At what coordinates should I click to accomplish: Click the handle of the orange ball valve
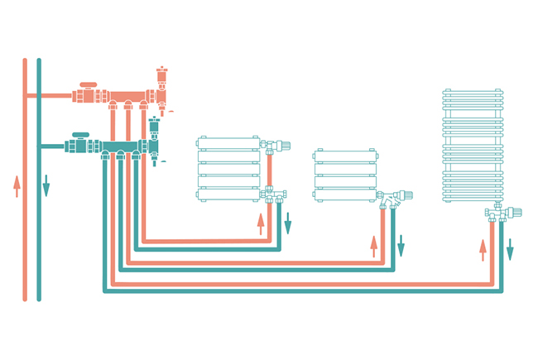[88, 84]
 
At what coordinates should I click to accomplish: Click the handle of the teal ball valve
[81, 134]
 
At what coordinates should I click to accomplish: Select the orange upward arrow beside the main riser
[17, 186]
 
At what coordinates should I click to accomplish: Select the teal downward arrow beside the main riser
[46, 185]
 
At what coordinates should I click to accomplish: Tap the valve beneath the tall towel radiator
[499, 214]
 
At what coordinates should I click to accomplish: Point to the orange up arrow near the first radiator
[261, 221]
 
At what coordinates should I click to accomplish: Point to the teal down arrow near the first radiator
[288, 222]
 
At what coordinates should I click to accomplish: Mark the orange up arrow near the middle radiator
[374, 246]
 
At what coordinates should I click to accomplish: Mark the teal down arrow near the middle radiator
[401, 246]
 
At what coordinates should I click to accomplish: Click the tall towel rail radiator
[472, 145]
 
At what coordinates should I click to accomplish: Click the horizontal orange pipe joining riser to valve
[50, 95]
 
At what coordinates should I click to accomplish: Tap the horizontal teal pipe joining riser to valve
[54, 146]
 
